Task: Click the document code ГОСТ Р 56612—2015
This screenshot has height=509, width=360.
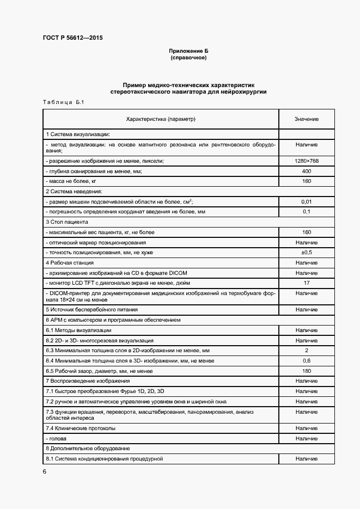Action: pyautogui.click(x=72, y=38)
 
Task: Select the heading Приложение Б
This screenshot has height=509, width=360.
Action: pyautogui.click(x=188, y=51)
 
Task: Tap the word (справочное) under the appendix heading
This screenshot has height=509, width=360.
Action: pyautogui.click(x=188, y=57)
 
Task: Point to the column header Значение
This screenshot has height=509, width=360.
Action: pyautogui.click(x=307, y=119)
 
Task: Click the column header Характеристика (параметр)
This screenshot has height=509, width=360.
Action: pyautogui.click(x=161, y=119)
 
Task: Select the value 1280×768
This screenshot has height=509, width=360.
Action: pyautogui.click(x=307, y=162)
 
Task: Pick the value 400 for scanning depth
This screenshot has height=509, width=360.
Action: pyautogui.click(x=307, y=171)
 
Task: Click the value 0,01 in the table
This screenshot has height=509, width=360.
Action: pyautogui.click(x=307, y=201)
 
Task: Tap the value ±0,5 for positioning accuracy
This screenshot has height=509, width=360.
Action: pyautogui.click(x=307, y=252)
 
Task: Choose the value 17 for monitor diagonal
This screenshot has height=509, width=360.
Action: pyautogui.click(x=307, y=283)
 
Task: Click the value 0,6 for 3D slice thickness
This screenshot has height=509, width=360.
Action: pyautogui.click(x=307, y=360)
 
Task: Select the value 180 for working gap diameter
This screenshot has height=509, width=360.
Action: pyautogui.click(x=307, y=371)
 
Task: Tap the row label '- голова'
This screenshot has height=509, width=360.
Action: pyautogui.click(x=58, y=438)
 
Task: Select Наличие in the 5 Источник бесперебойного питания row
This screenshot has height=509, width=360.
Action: pyautogui.click(x=307, y=309)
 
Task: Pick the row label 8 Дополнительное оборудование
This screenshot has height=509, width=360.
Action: pyautogui.click(x=88, y=448)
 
